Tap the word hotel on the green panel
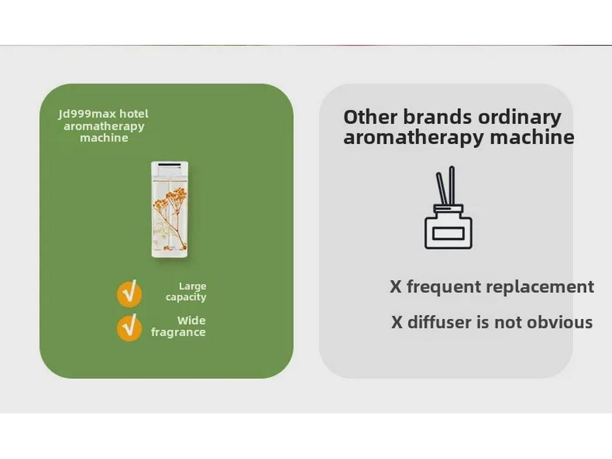pyautogui.click(x=134, y=114)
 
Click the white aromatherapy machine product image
pyautogui.click(x=170, y=210)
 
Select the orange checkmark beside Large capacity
pyautogui.click(x=129, y=293)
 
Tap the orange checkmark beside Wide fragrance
pyautogui.click(x=129, y=328)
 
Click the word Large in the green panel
pyautogui.click(x=192, y=287)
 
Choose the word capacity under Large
pyautogui.click(x=186, y=298)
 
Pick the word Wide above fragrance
pyautogui.click(x=192, y=321)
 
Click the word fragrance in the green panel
pyautogui.click(x=178, y=332)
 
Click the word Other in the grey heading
pyautogui.click(x=370, y=117)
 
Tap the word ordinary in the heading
pyautogui.click(x=519, y=118)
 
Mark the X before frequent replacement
pyautogui.click(x=396, y=287)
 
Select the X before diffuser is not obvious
pyautogui.click(x=397, y=323)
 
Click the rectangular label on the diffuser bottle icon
pyautogui.click(x=448, y=233)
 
